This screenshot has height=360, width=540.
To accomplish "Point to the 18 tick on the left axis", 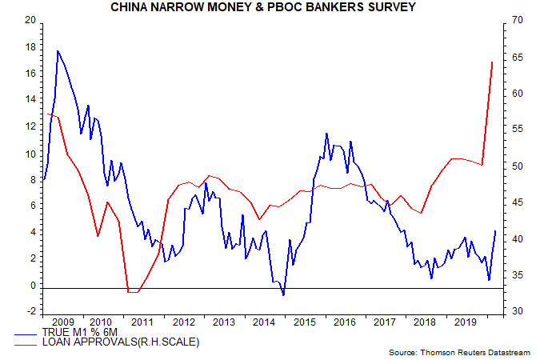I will coord(31,47).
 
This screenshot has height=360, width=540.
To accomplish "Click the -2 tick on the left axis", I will coord(31,312).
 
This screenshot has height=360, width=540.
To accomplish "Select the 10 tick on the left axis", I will coord(31,154).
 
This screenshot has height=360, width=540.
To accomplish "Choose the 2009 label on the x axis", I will coord(62,322).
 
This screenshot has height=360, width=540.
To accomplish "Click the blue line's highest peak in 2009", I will coord(58,50).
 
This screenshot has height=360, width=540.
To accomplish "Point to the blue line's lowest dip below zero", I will coord(283,296).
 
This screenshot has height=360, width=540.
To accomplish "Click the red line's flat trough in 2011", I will coord(133,292).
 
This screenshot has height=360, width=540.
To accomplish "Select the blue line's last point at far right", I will coord(495,231).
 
